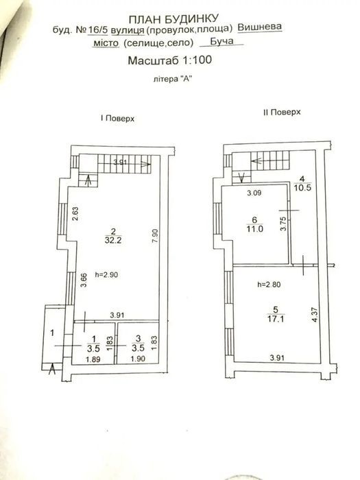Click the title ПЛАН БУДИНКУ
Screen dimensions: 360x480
[173, 19]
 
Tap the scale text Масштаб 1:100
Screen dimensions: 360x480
[170, 60]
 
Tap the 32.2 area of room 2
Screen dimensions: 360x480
[113, 240]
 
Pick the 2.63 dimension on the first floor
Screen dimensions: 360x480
[75, 214]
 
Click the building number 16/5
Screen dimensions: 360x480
[98, 29]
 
